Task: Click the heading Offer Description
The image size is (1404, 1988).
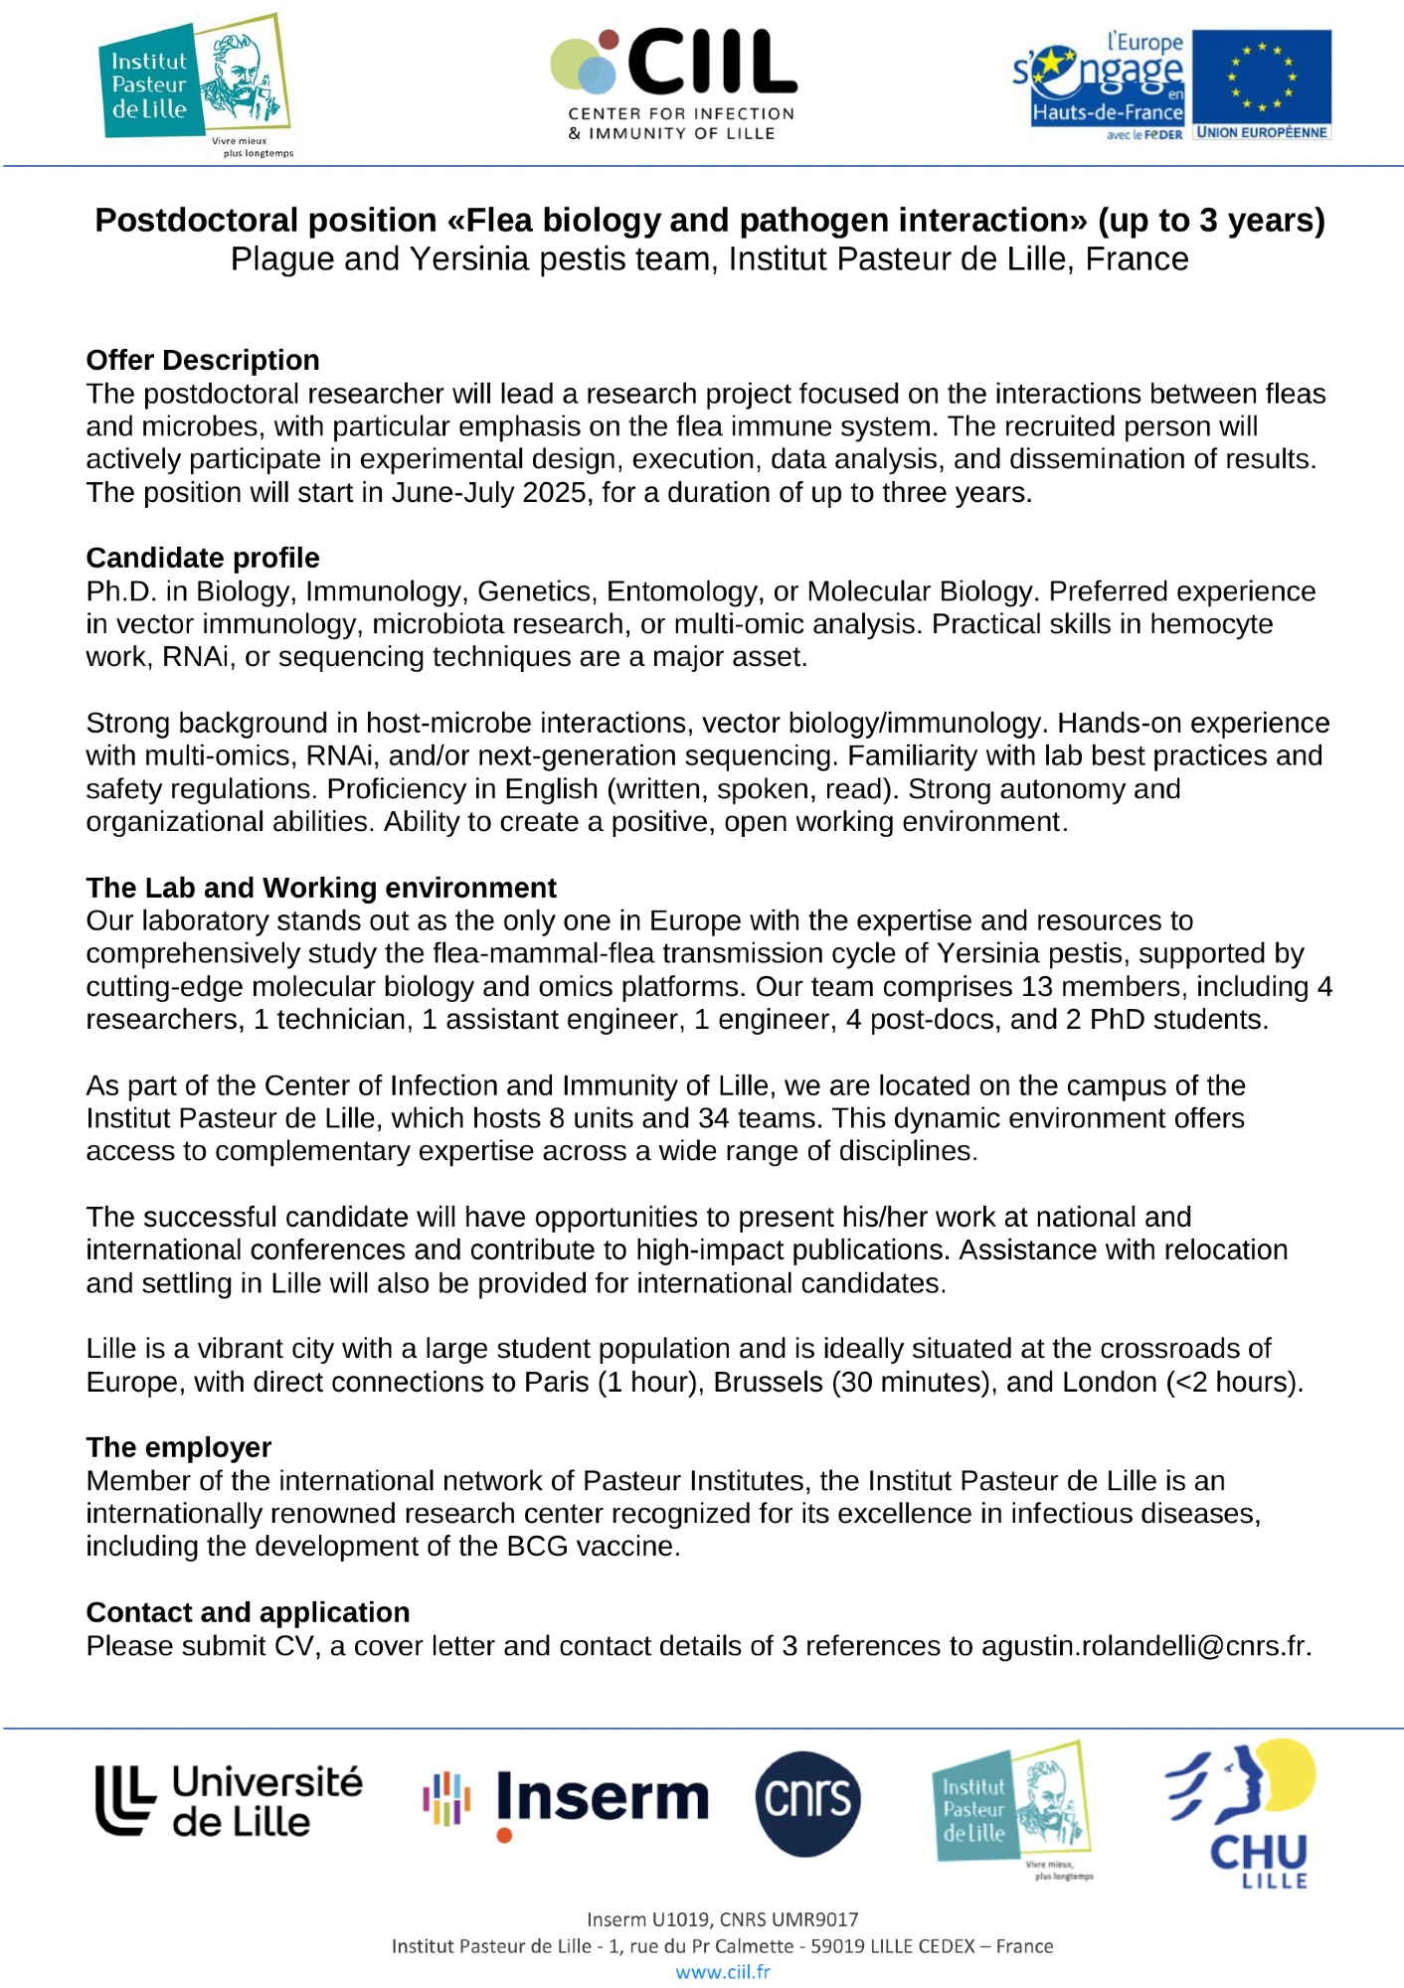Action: click(x=203, y=360)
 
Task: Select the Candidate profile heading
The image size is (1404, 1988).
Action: click(x=203, y=558)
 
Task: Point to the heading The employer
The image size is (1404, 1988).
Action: click(x=179, y=1447)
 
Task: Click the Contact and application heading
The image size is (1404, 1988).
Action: click(x=248, y=1612)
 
